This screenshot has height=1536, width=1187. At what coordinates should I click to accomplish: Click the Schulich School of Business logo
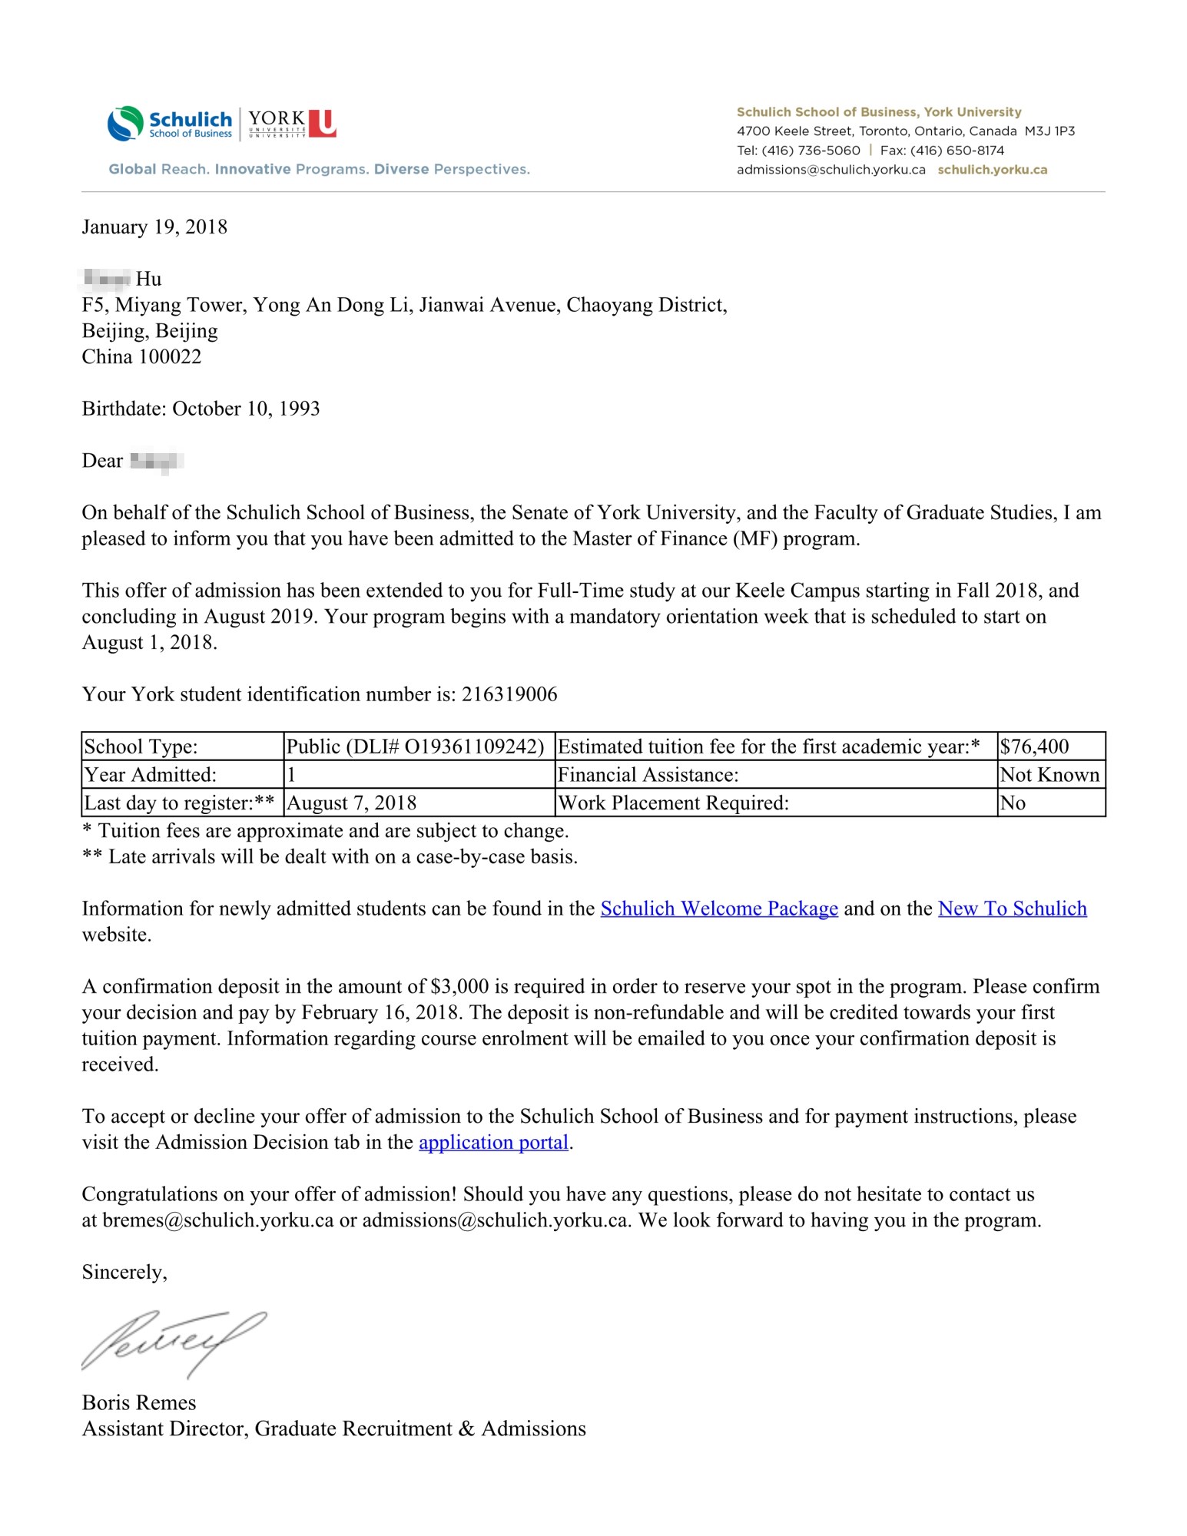coord(170,124)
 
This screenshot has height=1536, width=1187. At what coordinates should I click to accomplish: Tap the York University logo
coord(291,124)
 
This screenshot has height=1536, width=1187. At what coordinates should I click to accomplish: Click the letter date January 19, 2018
coord(154,227)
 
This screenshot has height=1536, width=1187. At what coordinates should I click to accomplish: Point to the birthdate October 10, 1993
coord(246,409)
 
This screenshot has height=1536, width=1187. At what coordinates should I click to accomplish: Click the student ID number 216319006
coord(509,695)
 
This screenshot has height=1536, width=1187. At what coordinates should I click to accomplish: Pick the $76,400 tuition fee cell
coord(1034,746)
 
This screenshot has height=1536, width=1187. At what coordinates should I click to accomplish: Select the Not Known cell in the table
coord(1049,775)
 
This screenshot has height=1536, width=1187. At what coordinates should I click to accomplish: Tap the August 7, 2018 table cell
coord(351,803)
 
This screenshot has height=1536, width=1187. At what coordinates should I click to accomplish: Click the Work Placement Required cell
coord(674,803)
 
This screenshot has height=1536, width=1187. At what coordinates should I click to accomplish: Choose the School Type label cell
coord(141,746)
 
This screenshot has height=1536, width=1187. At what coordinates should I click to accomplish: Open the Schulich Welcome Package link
coord(718,909)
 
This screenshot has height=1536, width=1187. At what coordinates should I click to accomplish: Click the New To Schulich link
coord(1012,909)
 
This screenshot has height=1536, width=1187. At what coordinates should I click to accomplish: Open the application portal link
coord(493,1143)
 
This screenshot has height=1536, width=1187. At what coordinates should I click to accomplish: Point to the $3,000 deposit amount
coord(459,987)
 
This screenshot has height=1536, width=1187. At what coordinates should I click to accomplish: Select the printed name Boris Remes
coord(139,1403)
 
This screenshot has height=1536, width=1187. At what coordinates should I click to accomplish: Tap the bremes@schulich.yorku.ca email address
coord(218,1221)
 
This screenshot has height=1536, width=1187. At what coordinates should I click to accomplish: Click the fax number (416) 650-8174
coord(957,151)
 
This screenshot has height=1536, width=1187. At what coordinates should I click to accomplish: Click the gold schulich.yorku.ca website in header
coord(992,170)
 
